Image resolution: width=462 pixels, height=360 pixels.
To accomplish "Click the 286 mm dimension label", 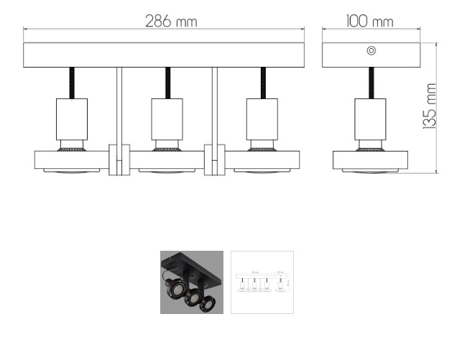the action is pos(171,22).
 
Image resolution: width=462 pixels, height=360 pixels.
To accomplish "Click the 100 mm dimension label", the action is pos(370,22).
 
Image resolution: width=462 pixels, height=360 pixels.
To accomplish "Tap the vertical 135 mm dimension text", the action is pos(430,106).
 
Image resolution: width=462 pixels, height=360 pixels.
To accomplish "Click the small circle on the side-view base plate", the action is pos(371,51).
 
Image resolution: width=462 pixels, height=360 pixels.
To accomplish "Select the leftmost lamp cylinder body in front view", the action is pos(72,119).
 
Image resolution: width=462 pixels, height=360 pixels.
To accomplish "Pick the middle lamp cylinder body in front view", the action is pos(167,119).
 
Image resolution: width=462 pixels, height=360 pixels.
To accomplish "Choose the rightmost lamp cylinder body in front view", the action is pos(262,119).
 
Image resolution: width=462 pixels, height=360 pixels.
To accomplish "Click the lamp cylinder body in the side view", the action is pos(370,119).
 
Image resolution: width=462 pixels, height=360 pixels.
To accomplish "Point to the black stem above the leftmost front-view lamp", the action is pos(72,83).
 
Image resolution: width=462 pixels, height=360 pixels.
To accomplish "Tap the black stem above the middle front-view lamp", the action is pos(167,83).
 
